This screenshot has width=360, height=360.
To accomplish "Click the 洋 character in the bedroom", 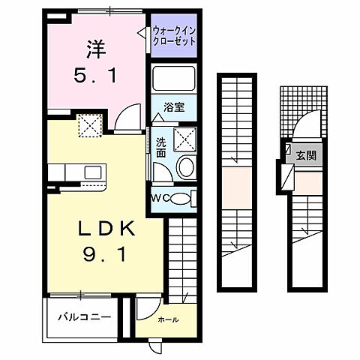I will coord(94,50).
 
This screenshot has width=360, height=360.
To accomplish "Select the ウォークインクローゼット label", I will coord(174,36).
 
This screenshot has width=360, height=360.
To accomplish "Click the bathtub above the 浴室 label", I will coord(173,78).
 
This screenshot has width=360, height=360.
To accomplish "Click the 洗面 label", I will coord(160,146).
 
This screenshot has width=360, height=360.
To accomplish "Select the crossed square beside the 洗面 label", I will coord(184,139).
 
